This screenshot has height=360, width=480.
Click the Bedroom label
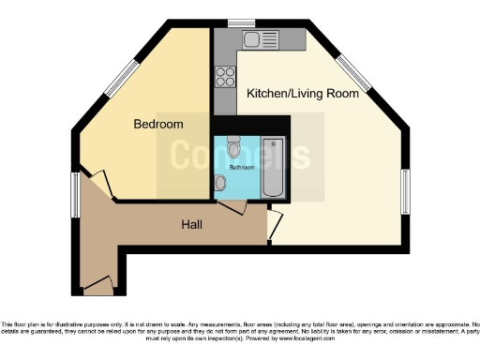157,124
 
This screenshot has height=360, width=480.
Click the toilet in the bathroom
233,146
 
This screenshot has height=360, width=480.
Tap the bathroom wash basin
219,184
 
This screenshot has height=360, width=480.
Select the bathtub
273,168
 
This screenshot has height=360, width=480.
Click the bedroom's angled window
124,80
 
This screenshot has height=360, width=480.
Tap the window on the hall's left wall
75,195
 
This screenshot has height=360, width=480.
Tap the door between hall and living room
274,223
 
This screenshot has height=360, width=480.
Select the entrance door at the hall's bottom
98,284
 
